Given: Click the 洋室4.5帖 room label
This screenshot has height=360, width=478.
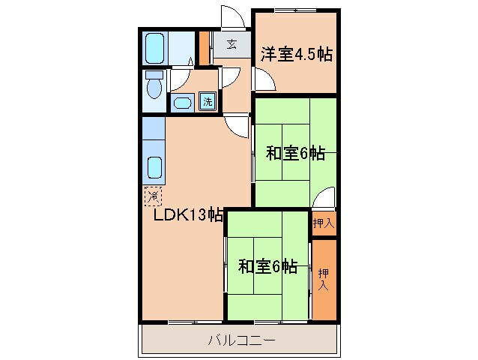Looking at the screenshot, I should click(296, 54).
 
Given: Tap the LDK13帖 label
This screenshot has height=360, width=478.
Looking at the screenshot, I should click(188, 215).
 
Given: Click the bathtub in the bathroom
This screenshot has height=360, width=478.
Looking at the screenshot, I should click(155, 49).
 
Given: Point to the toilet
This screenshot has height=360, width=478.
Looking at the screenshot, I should click(154, 85).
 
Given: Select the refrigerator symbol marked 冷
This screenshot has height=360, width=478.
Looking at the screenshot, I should click(153, 196).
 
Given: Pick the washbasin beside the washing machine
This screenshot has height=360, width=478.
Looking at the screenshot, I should click(182, 103).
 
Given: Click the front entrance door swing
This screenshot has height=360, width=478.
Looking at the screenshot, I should click(231, 16).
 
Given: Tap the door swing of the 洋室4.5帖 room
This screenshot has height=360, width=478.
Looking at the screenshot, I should click(262, 79).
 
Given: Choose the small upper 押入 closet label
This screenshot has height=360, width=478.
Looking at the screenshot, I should click(324, 222).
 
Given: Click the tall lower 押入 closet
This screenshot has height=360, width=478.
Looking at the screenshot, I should click(324, 280).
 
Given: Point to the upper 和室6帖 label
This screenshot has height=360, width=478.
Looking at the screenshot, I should click(295, 154).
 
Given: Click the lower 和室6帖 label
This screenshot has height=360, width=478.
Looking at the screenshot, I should click(268, 265).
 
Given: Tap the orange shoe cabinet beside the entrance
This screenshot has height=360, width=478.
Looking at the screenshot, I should click(205, 47).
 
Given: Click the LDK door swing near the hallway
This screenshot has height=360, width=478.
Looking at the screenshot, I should click(239, 126).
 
